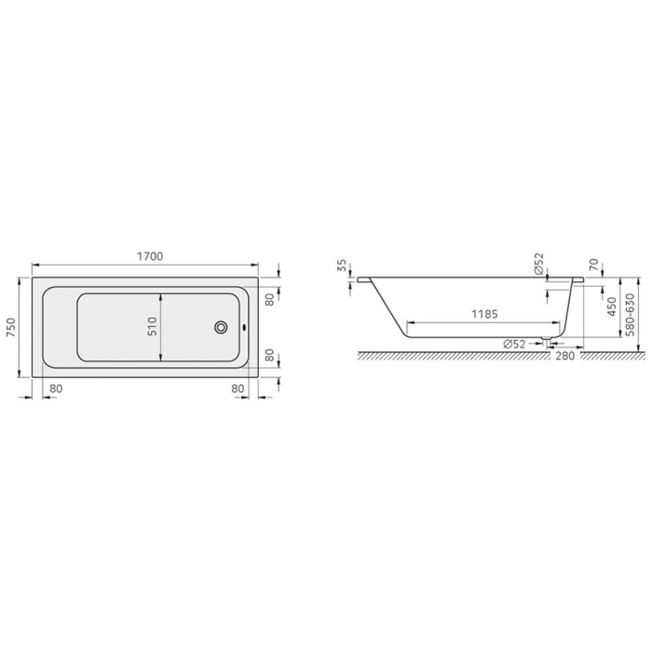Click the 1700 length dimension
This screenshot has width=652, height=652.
pyautogui.click(x=149, y=256)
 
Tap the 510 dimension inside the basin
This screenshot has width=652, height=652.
pyautogui.click(x=152, y=326)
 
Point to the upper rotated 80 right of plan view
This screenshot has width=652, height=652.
pyautogui.click(x=268, y=300)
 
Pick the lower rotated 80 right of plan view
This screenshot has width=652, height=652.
pyautogui.click(x=268, y=355)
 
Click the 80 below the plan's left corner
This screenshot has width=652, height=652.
pyautogui.click(x=56, y=387)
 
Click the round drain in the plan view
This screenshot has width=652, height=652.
pyautogui.click(x=222, y=327)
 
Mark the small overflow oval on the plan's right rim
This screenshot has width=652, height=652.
pyautogui.click(x=243, y=327)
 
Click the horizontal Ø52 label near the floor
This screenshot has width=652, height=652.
pyautogui.click(x=515, y=344)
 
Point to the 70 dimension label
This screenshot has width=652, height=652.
pyautogui.click(x=593, y=265)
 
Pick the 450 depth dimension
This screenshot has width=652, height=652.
pyautogui.click(x=612, y=307)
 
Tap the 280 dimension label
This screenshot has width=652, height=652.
pyautogui.click(x=564, y=355)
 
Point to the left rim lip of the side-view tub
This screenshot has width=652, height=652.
pyautogui.click(x=365, y=278)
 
